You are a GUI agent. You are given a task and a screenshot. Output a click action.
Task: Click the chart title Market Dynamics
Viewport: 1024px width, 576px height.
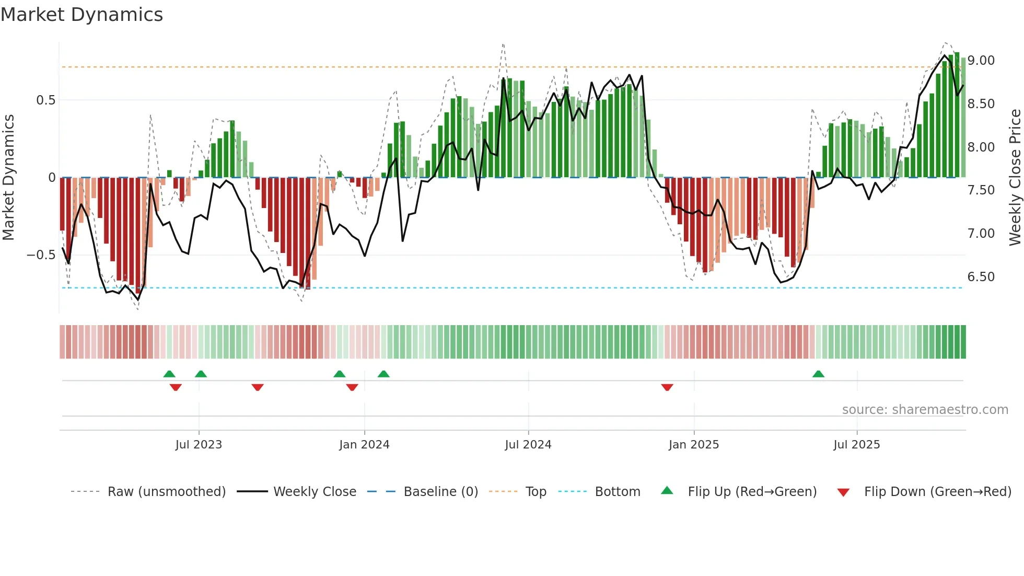82,15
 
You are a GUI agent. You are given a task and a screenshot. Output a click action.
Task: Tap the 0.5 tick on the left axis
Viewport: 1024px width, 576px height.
45,100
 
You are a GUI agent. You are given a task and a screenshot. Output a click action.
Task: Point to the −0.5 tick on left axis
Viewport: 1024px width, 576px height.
41,255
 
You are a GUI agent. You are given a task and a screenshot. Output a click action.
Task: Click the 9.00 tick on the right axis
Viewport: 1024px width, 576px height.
981,61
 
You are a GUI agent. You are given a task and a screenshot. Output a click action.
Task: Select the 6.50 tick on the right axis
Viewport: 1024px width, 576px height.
981,277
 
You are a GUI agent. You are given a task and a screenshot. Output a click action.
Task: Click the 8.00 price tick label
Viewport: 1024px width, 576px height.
981,147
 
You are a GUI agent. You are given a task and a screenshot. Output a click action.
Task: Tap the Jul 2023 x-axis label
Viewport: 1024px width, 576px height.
199,445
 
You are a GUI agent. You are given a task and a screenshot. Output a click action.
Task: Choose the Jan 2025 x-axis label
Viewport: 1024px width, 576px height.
693,445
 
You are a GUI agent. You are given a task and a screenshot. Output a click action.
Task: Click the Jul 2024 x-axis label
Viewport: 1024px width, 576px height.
528,445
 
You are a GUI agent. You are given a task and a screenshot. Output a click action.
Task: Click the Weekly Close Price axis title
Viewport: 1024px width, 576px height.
1015,178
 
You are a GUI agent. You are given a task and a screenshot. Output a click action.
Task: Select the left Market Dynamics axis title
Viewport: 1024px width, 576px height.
8,178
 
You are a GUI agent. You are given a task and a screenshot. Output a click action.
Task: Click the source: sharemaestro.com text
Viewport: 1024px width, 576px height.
925,410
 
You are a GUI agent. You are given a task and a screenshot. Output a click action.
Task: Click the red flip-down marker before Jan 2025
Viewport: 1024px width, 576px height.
667,387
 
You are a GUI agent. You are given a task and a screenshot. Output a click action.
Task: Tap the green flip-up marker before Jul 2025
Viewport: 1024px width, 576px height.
818,374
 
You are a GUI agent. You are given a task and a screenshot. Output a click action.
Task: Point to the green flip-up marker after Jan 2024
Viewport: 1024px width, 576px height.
383,374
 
